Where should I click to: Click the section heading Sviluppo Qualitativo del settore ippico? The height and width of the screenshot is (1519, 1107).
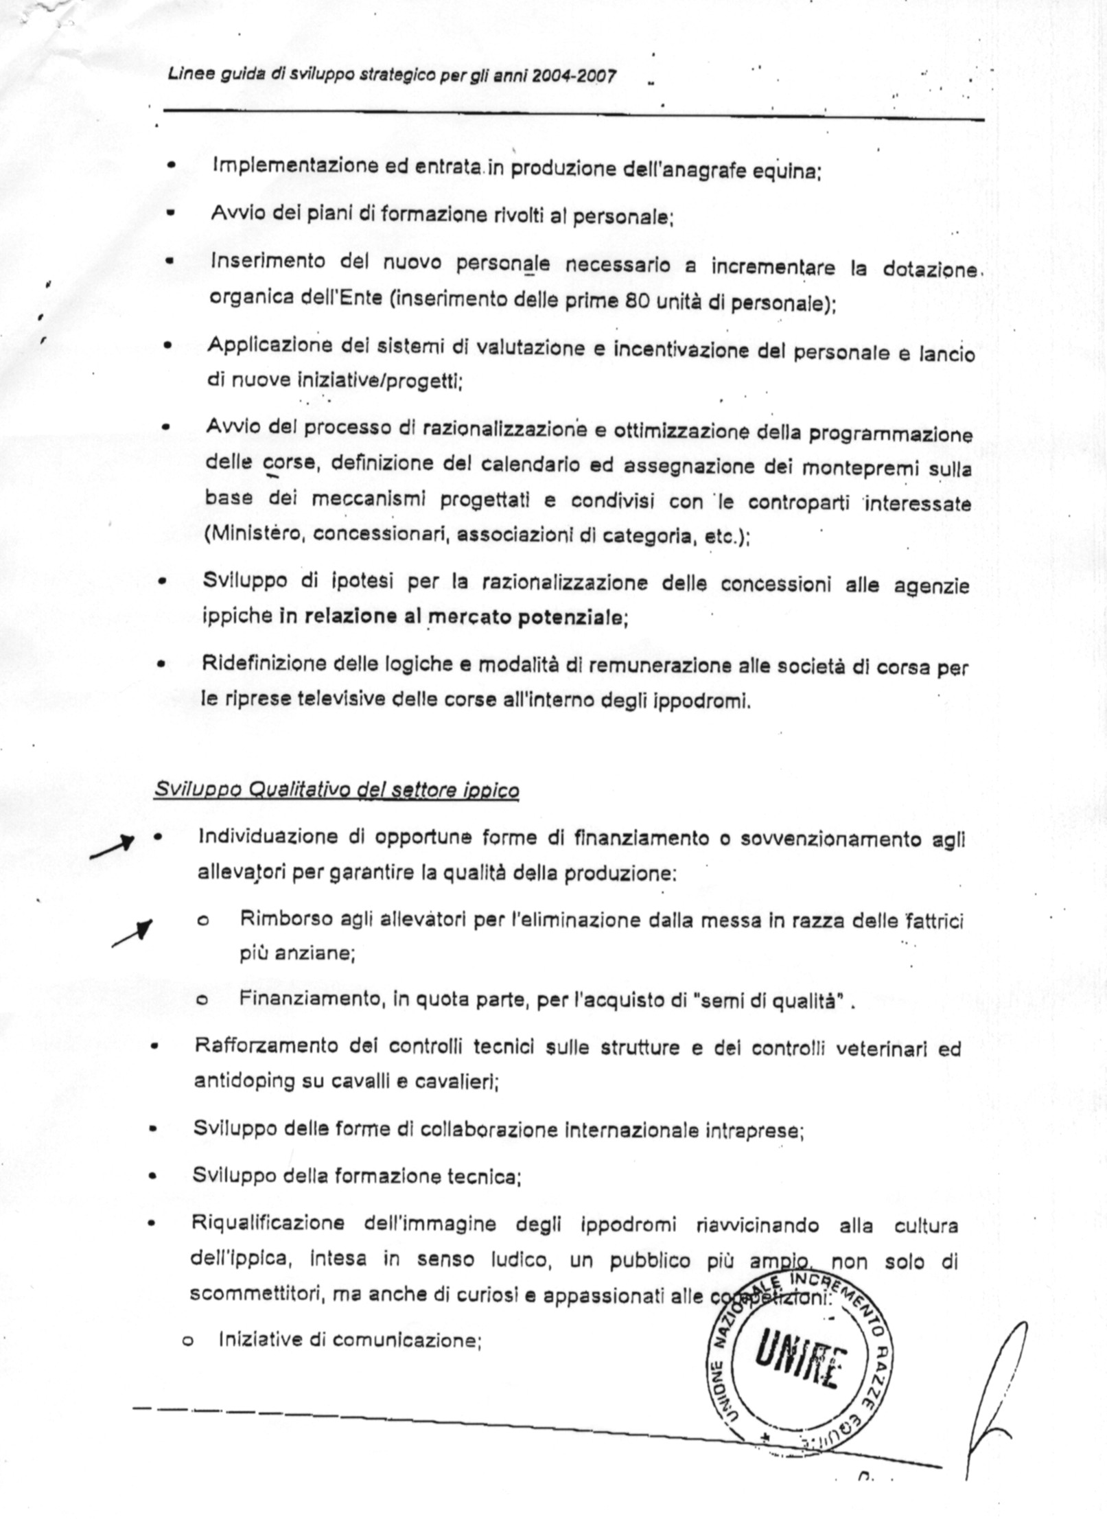pyautogui.click(x=336, y=790)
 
